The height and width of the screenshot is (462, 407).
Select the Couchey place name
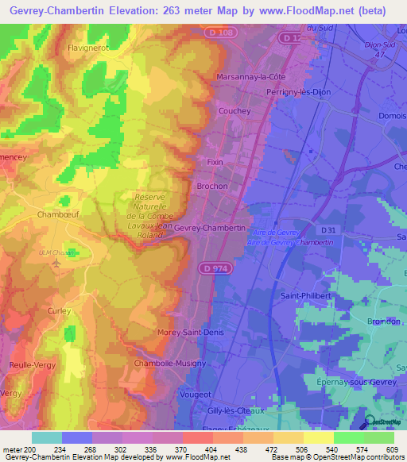(235, 111)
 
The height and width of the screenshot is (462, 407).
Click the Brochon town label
(212, 186)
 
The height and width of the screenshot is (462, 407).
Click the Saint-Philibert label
(306, 296)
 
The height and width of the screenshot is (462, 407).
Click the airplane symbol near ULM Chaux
(55, 263)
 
